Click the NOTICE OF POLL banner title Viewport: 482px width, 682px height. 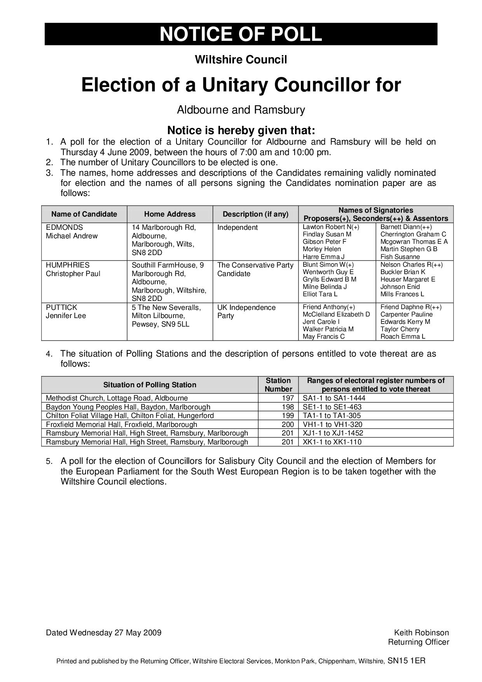pos(241,34)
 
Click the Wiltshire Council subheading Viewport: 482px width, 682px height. pos(241,60)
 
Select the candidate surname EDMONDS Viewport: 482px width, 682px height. pos(64,227)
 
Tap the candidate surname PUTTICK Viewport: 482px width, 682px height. pos(61,308)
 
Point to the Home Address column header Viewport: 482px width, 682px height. pos(170,214)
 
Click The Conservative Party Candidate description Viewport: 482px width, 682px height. pos(255,269)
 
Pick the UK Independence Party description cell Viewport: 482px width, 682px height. pos(246,311)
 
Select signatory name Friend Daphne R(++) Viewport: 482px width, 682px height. pos(411,307)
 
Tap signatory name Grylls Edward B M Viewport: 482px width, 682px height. pos(329,280)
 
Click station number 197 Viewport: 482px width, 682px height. pos(288,398)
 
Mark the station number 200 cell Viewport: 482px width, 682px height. pos(288,425)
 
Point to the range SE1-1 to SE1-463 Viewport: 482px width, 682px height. pos(332,407)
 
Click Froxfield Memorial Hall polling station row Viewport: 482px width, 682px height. pos(121,425)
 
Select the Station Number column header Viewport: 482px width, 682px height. pos(278,385)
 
